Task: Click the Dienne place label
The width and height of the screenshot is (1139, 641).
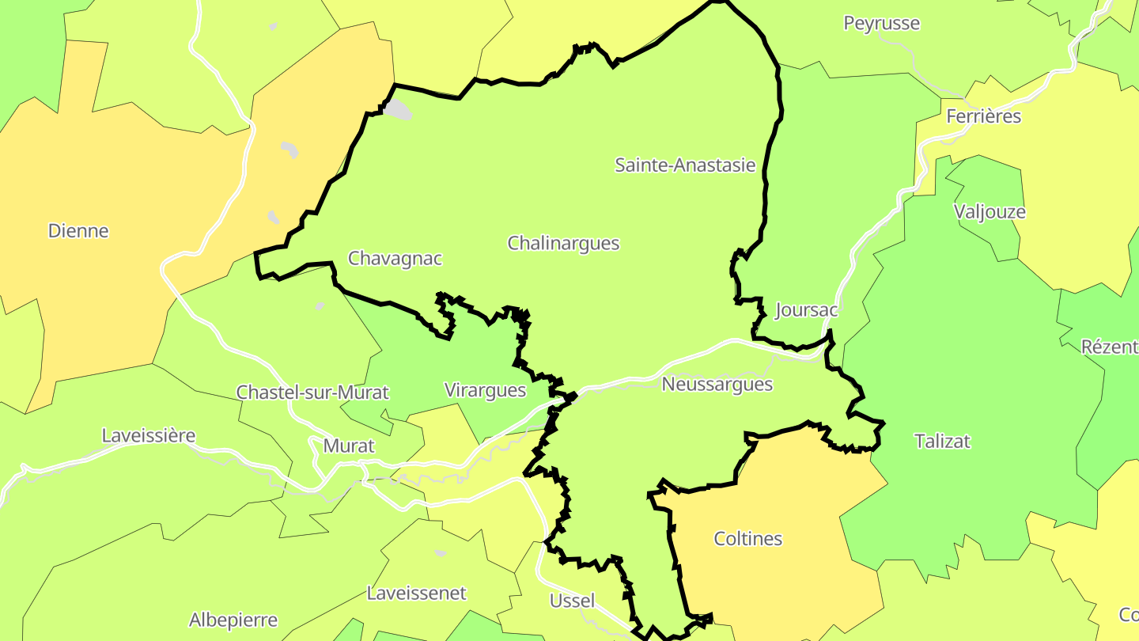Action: click(78, 231)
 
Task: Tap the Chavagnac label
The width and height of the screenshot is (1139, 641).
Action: click(395, 259)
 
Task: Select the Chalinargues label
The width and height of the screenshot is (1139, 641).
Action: click(563, 243)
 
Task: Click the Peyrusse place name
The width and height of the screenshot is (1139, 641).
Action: click(881, 24)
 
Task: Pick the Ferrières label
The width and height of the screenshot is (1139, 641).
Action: click(983, 117)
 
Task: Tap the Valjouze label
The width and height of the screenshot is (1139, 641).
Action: click(990, 212)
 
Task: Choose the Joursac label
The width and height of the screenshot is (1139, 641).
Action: click(806, 309)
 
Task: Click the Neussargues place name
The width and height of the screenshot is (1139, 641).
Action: click(717, 385)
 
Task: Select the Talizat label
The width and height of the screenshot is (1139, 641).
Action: click(942, 442)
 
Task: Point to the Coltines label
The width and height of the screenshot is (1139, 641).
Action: click(747, 539)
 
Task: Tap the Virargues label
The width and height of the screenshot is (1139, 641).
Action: click(485, 390)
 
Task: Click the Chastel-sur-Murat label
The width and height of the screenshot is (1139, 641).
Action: click(312, 393)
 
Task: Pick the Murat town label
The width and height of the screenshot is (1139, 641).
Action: click(349, 446)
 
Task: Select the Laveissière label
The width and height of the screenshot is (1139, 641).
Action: click(149, 436)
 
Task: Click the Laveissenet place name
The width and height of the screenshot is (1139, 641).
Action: click(417, 594)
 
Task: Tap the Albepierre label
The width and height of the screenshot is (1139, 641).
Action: click(233, 620)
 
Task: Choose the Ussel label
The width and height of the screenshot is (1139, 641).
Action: click(572, 601)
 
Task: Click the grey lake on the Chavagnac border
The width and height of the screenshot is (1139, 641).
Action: click(399, 109)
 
